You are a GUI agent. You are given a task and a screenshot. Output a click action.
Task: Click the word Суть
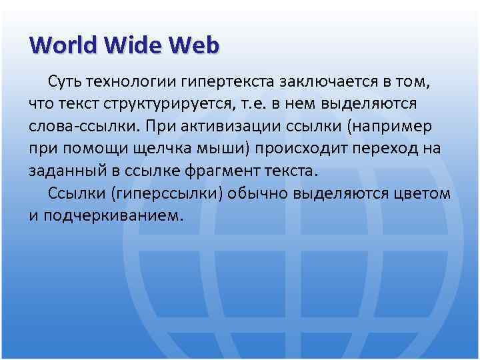pyautogui.click(x=65, y=83)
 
